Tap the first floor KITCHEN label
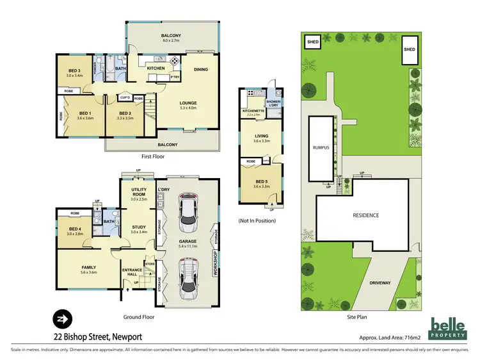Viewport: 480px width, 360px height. (156, 68)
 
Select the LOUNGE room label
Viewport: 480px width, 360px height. (188, 102)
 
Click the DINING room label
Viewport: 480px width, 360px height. (201, 70)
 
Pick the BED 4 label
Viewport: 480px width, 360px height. (75, 229)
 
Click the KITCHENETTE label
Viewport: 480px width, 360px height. (253, 111)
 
